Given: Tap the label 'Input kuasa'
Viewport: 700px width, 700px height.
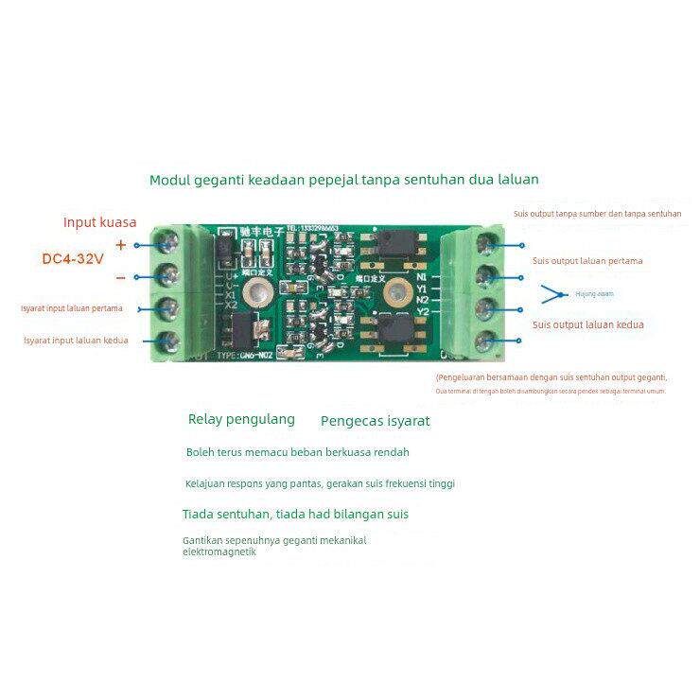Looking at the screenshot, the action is click(99, 222).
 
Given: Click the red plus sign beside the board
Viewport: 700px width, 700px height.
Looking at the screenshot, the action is click(120, 244).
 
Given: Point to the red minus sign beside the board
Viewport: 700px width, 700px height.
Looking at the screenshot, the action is click(120, 277).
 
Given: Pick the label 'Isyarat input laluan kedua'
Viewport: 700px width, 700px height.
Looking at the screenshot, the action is click(75, 340).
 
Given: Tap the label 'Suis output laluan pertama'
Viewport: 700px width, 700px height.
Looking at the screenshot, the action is click(587, 260).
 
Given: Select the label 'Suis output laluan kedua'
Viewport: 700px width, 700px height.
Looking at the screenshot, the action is click(587, 324).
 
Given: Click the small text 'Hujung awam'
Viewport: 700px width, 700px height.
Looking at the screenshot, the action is click(594, 293).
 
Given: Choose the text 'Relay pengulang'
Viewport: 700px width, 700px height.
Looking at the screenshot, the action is click(241, 418).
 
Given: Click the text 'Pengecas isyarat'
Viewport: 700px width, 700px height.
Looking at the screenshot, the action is click(375, 420).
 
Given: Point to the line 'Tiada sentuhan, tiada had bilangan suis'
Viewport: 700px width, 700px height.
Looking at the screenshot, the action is click(295, 515).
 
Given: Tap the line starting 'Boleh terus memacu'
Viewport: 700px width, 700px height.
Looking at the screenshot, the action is click(297, 452).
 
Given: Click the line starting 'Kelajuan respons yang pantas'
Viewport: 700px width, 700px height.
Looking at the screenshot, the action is click(320, 483).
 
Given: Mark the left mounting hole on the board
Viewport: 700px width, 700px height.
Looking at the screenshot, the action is click(251, 296).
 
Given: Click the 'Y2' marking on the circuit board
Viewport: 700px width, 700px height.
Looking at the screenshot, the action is click(423, 311).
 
